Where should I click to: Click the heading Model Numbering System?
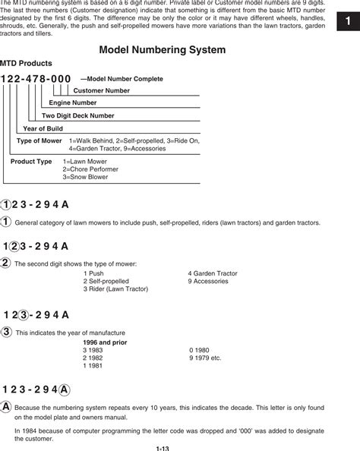click(x=163, y=49)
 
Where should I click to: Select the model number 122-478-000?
click(x=36, y=79)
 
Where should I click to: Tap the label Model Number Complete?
click(x=122, y=79)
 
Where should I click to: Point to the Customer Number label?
click(x=101, y=90)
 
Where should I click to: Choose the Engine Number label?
click(x=73, y=102)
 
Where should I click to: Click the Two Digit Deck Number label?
click(x=77, y=115)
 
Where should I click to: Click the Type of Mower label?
click(x=39, y=141)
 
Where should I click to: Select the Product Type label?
click(x=31, y=162)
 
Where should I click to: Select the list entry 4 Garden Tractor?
click(x=213, y=273)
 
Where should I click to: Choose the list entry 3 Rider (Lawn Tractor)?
click(x=114, y=289)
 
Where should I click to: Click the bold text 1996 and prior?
click(x=105, y=342)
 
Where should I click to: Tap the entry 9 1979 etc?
click(x=205, y=358)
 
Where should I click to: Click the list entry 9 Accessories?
click(x=207, y=281)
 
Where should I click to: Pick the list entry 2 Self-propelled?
click(x=106, y=281)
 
